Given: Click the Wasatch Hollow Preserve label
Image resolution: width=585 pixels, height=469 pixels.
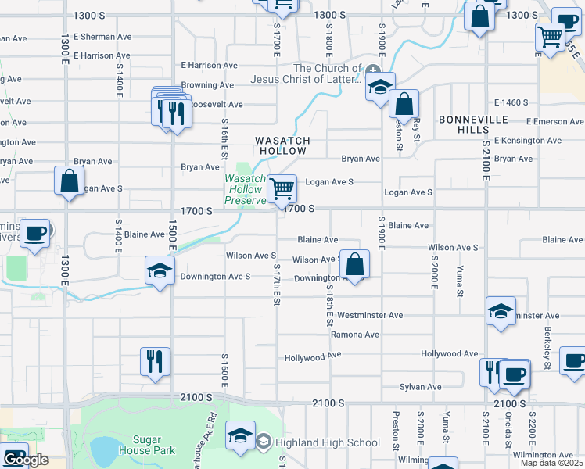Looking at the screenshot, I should pos(246,189).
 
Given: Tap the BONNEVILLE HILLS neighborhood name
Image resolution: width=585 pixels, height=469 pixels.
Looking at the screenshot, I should pos(473,124).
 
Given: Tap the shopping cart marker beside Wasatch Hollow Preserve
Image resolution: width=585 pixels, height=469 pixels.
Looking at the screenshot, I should pos(282,188).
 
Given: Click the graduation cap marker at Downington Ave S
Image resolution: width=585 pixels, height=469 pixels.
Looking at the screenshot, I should pos(160,271).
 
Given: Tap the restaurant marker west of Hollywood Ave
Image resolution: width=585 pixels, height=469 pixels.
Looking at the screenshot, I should pos(153,362).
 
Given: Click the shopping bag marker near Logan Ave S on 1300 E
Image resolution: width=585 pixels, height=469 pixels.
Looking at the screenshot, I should pos(69,181).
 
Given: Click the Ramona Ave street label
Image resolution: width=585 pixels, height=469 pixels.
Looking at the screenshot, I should pos(354,335).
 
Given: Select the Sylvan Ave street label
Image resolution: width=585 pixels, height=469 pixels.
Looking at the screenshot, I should pos(421,387).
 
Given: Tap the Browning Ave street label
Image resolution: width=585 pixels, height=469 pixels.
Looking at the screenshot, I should pos(207,85).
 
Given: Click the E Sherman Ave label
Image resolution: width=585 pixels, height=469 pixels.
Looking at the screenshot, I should pos(102,37).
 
